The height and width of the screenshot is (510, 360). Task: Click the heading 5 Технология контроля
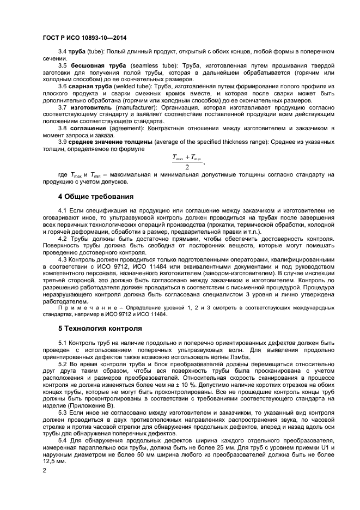click(93, 329)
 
